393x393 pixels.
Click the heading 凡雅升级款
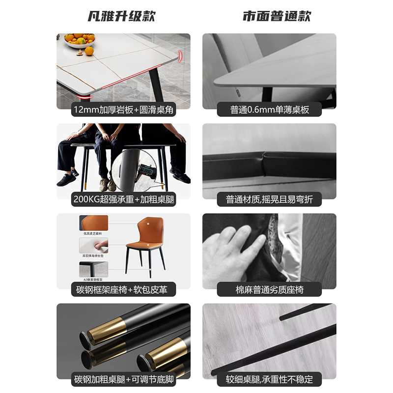tap(121, 16)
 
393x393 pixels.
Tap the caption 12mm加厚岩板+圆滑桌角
tap(123, 110)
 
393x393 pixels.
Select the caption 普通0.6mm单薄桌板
tap(269, 110)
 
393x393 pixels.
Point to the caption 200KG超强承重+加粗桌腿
tap(123, 199)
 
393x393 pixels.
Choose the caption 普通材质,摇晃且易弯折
tap(269, 199)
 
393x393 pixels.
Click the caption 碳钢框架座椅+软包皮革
tap(123, 289)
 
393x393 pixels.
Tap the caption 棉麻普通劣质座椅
tap(269, 289)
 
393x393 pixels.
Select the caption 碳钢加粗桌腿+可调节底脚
tap(123, 379)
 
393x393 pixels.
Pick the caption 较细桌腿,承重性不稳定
tap(269, 379)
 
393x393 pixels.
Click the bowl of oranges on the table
tap(79, 40)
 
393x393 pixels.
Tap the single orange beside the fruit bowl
tap(89, 51)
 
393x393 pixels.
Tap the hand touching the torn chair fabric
tap(233, 251)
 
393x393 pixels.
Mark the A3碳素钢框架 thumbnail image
tap(94, 269)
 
